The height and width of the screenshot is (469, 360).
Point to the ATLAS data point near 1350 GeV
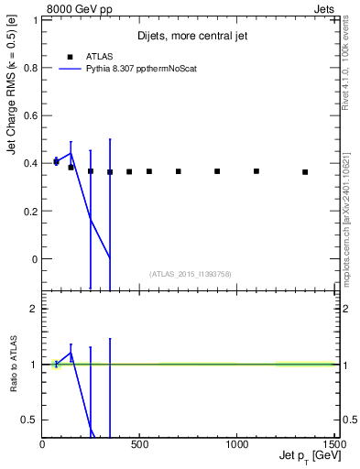[305, 171]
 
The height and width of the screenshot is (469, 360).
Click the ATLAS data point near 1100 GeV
[256, 171]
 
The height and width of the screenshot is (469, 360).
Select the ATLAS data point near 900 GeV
[217, 171]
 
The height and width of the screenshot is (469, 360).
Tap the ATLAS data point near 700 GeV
[179, 171]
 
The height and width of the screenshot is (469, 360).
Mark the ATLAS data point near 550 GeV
[149, 171]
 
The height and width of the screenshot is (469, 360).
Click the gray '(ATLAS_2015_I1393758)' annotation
[190, 273]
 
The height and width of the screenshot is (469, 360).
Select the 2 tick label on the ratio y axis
[34, 309]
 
